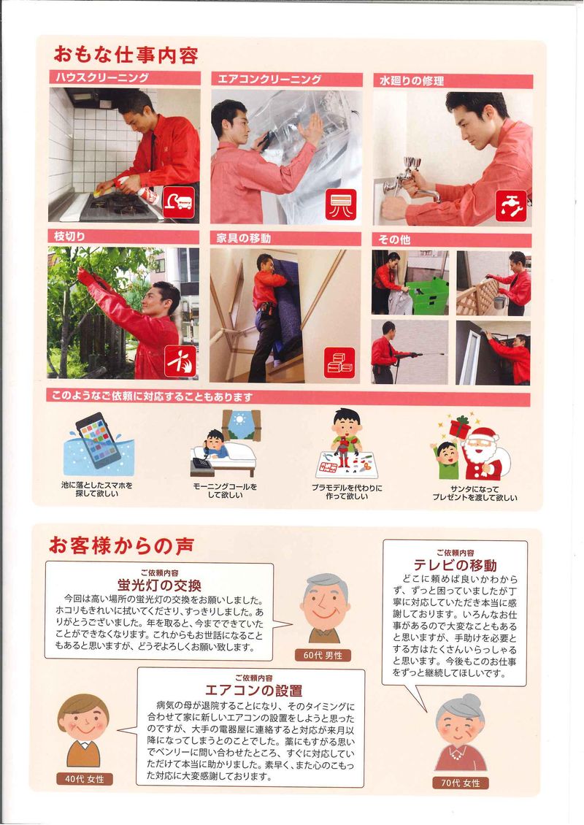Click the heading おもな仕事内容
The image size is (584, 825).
[126, 55]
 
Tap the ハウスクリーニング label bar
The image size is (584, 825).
[126, 78]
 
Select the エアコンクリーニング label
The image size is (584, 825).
[287, 80]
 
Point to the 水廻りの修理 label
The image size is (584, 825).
[453, 81]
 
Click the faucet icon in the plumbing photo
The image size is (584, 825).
[511, 206]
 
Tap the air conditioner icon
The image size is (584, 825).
[341, 204]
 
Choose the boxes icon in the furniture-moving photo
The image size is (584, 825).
[339, 363]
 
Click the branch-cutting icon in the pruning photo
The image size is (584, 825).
[180, 361]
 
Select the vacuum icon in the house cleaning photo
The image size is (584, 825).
[179, 202]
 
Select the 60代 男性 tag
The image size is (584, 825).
[323, 655]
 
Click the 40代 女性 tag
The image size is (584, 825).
[85, 779]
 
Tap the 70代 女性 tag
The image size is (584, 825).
[461, 783]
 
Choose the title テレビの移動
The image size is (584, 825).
[455, 565]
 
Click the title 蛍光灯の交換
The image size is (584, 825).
[159, 585]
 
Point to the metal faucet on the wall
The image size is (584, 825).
[411, 180]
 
